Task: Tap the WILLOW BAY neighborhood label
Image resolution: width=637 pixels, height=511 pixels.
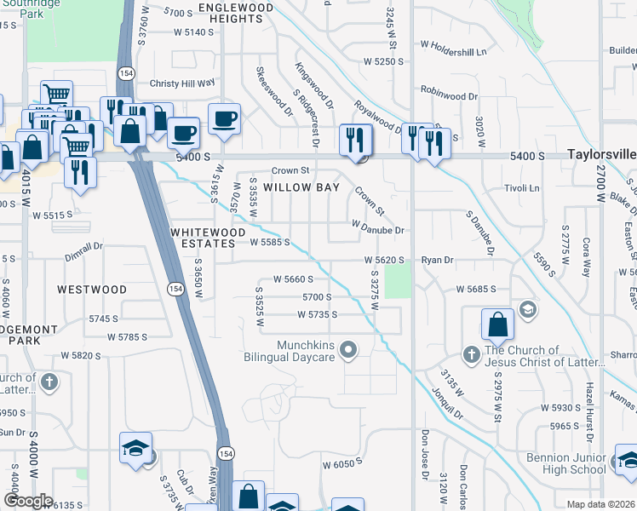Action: [301, 187]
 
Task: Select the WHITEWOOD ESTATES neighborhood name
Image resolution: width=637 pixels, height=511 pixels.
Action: [203, 238]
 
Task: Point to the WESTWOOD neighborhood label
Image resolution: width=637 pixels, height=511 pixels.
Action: [92, 290]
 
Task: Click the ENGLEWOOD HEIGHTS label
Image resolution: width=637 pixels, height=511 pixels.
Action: [236, 13]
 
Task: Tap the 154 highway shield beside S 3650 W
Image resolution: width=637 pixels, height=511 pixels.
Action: [173, 289]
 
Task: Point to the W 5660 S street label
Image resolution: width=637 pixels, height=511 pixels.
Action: [293, 278]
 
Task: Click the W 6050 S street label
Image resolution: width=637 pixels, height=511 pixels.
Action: [342, 464]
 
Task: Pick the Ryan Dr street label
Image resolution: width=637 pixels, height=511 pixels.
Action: [437, 260]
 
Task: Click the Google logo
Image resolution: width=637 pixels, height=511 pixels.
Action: [28, 501]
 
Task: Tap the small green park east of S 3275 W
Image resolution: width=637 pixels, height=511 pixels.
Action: [397, 281]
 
